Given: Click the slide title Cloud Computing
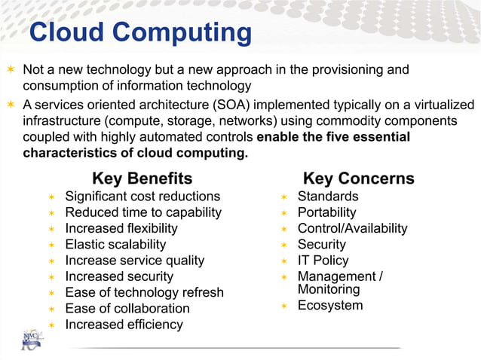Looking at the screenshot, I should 140,32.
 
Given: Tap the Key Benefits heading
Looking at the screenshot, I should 142,178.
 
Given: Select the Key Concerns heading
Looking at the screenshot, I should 358,178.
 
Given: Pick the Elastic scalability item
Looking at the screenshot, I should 115,244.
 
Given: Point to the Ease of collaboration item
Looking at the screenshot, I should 127,308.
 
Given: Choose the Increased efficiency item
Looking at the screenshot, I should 124,325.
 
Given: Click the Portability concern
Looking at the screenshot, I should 326,212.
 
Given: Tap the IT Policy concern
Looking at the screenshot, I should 323,261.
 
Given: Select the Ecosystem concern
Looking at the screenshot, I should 330,305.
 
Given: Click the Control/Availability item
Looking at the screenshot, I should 352,228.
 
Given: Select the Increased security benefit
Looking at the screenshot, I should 119,276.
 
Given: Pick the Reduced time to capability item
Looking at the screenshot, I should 143,212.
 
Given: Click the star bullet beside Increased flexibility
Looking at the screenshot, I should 51,229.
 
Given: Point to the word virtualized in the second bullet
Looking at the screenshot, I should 442,105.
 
